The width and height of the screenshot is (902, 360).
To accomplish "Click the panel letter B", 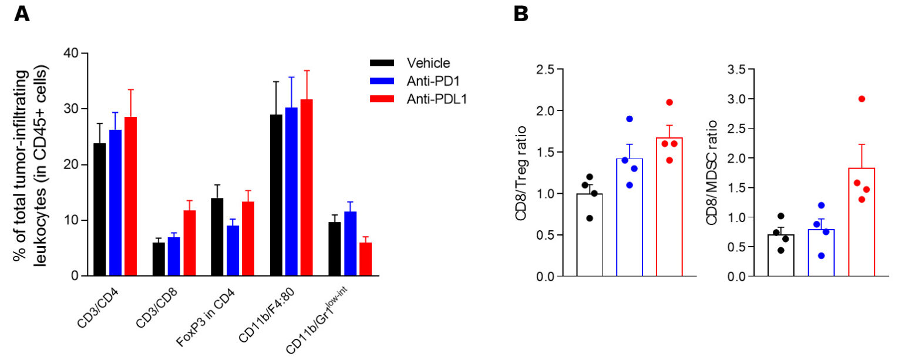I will click(521, 14).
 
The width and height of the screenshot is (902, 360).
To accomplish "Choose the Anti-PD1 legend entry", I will click(432, 82).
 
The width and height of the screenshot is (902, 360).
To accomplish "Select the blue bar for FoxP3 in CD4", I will click(233, 251).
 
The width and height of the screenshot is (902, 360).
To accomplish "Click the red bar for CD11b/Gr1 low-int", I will click(365, 259).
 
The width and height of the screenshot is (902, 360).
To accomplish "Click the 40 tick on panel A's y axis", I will click(72, 53).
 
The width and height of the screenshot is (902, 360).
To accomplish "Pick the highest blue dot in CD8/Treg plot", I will click(629, 119).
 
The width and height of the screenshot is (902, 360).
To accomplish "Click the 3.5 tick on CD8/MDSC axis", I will click(737, 70).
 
